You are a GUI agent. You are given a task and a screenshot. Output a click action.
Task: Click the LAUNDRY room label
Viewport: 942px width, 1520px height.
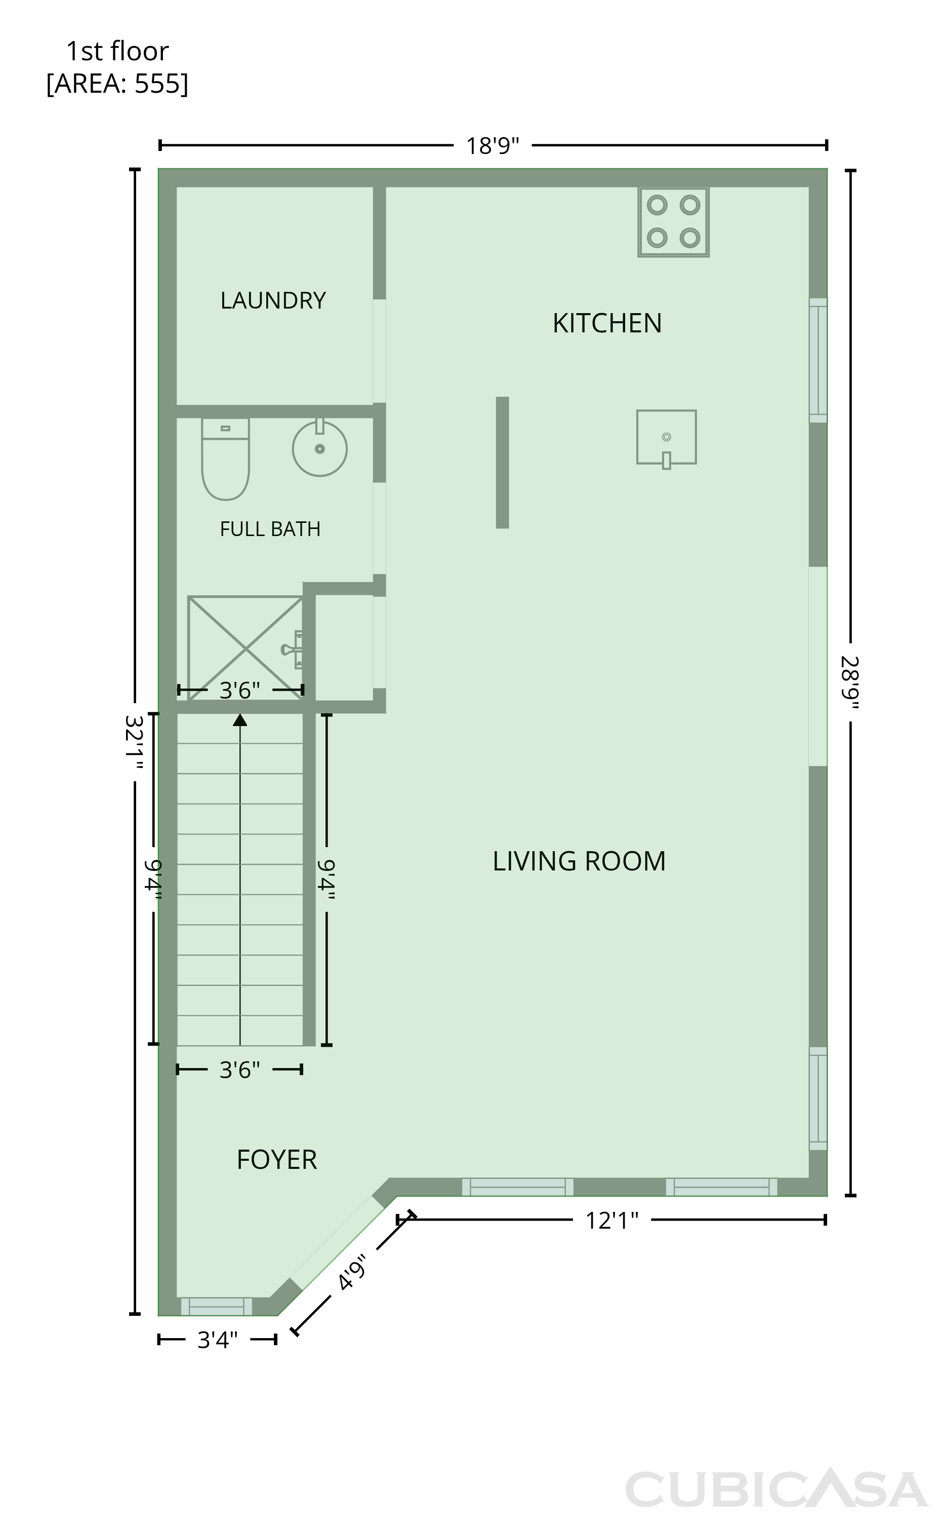[273, 300]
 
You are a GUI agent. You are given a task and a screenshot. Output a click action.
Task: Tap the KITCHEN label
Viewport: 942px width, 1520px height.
[607, 323]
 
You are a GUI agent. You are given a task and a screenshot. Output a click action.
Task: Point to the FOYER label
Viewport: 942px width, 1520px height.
[276, 1160]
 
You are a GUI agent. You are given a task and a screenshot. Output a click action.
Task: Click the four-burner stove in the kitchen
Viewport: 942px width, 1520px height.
[674, 221]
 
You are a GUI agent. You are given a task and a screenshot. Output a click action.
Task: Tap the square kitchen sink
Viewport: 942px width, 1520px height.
[666, 438]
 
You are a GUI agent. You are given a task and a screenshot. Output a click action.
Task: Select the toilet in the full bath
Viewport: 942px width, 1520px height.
[226, 459]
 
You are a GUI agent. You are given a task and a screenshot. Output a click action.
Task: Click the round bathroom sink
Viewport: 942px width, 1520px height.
[319, 448]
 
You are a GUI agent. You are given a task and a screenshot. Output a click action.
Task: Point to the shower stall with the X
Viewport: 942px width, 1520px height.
[245, 649]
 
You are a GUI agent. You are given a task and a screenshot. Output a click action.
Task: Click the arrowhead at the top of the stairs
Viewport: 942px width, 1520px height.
[240, 720]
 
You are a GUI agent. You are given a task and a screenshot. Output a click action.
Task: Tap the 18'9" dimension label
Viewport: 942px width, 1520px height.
[492, 146]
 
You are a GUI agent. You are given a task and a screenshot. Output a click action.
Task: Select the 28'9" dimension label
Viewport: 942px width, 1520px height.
[850, 682]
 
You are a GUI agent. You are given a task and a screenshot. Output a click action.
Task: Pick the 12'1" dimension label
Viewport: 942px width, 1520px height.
[612, 1221]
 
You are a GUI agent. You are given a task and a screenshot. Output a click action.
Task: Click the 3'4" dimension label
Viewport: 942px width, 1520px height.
[218, 1339]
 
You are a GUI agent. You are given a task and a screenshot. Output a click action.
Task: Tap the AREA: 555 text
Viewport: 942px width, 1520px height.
[117, 84]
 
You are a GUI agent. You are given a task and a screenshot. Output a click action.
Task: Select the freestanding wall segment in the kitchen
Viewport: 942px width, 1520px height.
[502, 463]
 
